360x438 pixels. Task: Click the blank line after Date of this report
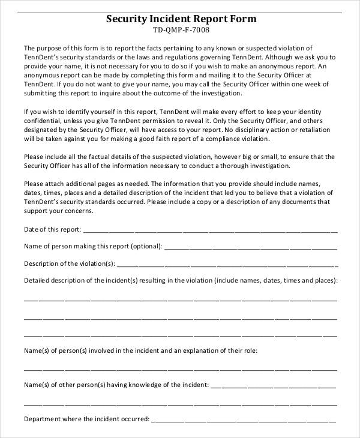coord(210,230)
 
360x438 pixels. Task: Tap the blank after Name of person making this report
coord(250,247)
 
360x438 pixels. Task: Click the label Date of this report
coord(52,230)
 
